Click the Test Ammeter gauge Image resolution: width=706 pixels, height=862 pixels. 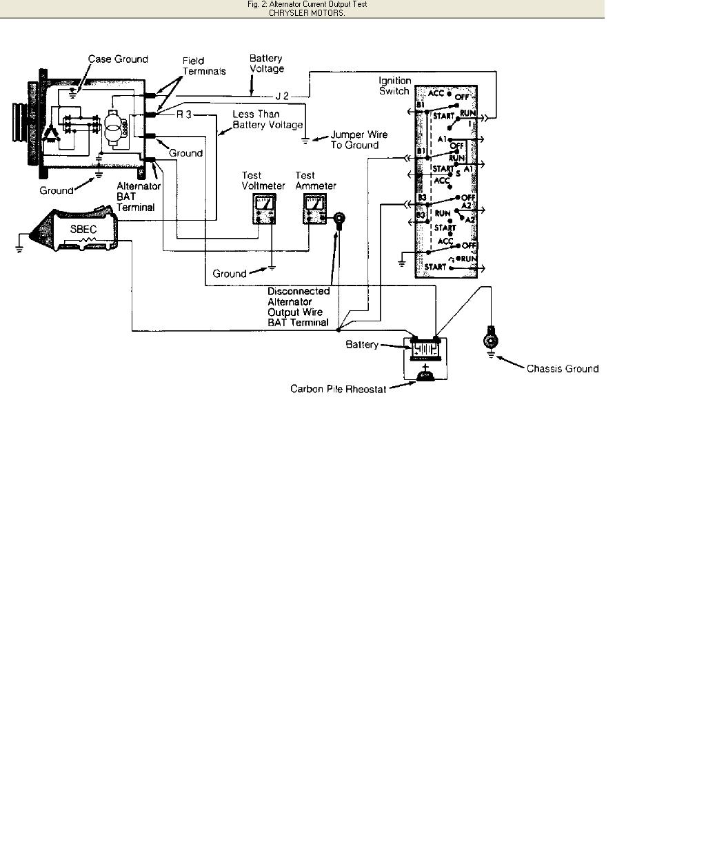coord(316,210)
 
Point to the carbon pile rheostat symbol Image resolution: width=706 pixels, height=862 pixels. coord(425,374)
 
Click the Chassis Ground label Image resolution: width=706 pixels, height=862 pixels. coord(563,368)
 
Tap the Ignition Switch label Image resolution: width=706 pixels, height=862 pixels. coord(395,86)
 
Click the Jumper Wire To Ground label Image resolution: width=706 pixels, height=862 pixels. coord(359,140)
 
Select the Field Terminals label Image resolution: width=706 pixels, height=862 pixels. coord(203,66)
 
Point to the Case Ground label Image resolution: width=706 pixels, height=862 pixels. coord(118,59)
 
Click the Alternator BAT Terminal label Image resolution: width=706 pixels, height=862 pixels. coord(138,197)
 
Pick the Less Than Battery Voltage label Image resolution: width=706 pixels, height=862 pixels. coord(268,119)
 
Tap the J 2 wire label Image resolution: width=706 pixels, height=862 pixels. coord(282,96)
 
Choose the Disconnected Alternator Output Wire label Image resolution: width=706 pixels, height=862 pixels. coord(299,307)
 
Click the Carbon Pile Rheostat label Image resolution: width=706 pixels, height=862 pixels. coord(338,389)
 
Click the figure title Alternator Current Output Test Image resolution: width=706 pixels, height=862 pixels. coord(307,4)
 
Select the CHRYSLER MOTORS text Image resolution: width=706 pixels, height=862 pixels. coord(307,12)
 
